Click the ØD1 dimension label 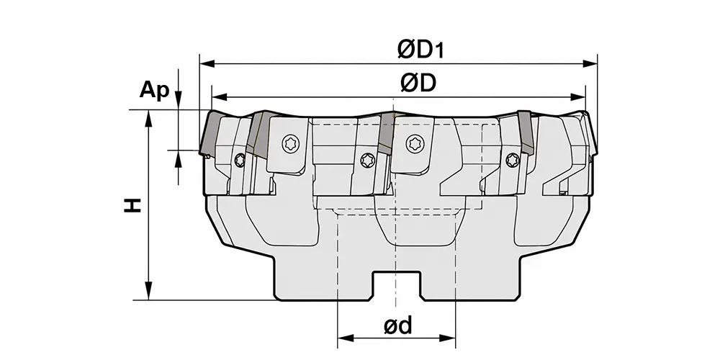coord(421,50)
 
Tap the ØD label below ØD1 coord(418,83)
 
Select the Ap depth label coord(154,91)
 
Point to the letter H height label coord(132,205)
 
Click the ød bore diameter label coord(397,325)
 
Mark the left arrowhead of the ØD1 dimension coord(207,63)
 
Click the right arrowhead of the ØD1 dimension coord(590,63)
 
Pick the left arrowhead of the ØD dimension coord(220,97)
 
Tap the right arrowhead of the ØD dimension coord(577,97)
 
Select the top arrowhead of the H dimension coord(149,117)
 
